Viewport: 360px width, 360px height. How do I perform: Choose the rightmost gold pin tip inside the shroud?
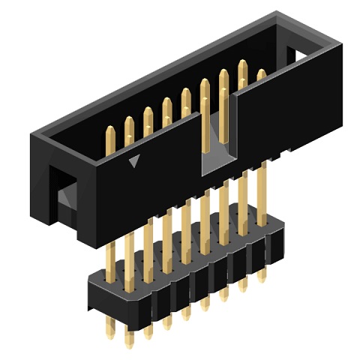(x=261, y=75)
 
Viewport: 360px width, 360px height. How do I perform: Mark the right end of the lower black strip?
(x=280, y=240)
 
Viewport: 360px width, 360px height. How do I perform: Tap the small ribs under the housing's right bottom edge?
(x=281, y=153)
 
